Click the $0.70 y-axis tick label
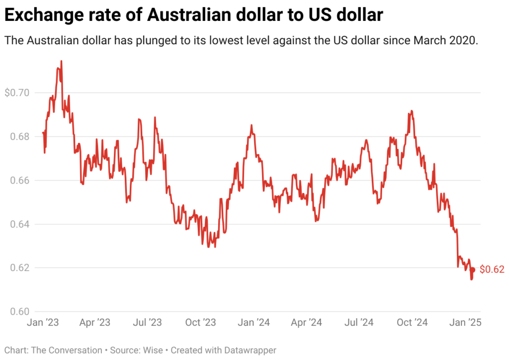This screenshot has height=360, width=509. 16,92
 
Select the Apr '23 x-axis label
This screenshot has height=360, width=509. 95,322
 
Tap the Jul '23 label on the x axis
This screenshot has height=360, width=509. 148,322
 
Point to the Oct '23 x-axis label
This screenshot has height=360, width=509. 200,322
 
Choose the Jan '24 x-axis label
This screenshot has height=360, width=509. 254,322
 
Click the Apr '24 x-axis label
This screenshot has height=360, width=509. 306,322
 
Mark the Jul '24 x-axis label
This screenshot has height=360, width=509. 359,322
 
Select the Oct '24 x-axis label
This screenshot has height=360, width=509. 412,322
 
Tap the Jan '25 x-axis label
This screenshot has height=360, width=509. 465,322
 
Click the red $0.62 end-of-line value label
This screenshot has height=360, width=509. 492,270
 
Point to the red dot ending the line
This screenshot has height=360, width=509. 473,270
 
